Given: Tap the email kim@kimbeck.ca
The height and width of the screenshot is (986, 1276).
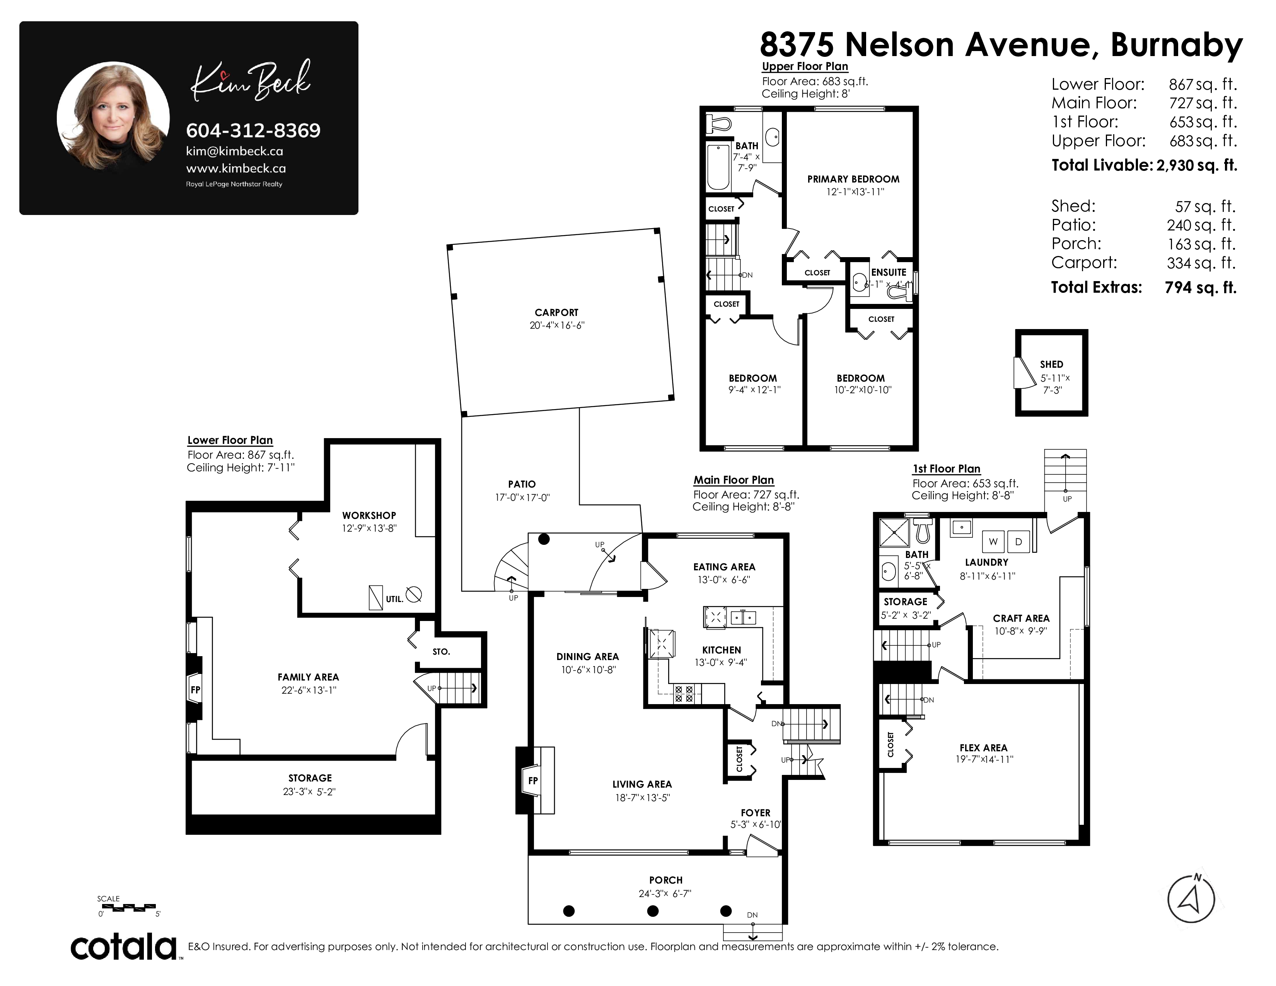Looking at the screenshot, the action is pos(234,151).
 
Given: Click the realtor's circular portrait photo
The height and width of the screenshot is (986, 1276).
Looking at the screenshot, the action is pos(113,118).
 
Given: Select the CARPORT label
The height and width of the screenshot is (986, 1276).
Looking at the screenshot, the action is pos(556,312).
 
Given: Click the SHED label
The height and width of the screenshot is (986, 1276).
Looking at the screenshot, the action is pos(1052,364).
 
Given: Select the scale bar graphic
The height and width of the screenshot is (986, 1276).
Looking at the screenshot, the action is pos(127,907).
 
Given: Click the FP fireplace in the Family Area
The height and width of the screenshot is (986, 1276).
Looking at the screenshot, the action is pos(195,689).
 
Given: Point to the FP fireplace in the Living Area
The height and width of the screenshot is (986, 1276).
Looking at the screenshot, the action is pos(533,780).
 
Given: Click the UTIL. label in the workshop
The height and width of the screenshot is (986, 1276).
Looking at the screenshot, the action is pos(394,599).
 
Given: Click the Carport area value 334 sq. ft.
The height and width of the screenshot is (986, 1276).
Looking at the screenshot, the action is pos(1201,263).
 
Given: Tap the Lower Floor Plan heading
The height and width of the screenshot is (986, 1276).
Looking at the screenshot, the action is pos(230,440).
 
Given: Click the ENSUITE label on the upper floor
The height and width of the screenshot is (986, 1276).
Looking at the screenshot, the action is pos(889,272).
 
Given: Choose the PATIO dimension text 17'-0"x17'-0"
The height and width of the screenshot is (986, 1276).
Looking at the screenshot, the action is pos(522,498).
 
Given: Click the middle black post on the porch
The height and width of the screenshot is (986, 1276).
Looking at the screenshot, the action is pos(653,911).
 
